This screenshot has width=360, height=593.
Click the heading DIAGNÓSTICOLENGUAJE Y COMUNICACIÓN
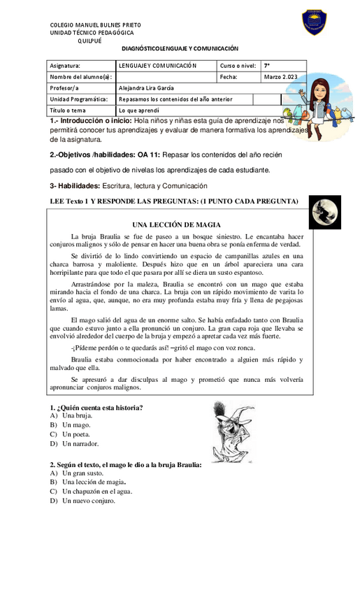pyautogui.click(x=180, y=49)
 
